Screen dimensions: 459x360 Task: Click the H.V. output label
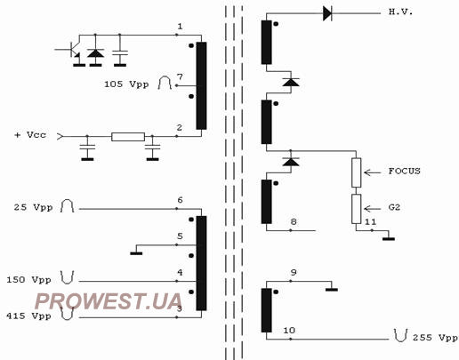tap(400, 12)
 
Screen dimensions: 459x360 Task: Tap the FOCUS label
tap(405, 172)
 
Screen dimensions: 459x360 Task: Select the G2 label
tap(394, 207)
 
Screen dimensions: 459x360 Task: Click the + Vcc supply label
tap(30, 135)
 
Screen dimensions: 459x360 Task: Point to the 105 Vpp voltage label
tap(126, 84)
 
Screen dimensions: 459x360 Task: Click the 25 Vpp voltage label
tap(33, 207)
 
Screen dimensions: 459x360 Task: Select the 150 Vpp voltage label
tap(28, 280)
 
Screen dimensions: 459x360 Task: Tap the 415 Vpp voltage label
tap(28, 316)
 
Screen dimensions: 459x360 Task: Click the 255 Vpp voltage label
tap(435, 338)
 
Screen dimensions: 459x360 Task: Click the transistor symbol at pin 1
tap(72, 49)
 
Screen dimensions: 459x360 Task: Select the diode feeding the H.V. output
tap(327, 13)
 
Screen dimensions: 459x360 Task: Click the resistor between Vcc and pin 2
tap(128, 137)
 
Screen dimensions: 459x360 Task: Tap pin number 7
tap(180, 77)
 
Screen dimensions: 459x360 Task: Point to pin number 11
tap(370, 222)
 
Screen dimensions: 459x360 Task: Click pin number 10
tap(289, 331)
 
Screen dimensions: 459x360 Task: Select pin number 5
tap(180, 236)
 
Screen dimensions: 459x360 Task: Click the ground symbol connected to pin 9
tap(332, 289)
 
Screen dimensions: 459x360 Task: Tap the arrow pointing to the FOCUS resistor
tap(373, 172)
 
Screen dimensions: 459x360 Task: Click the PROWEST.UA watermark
tap(109, 301)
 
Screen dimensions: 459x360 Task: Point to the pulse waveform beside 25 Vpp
tap(67, 206)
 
